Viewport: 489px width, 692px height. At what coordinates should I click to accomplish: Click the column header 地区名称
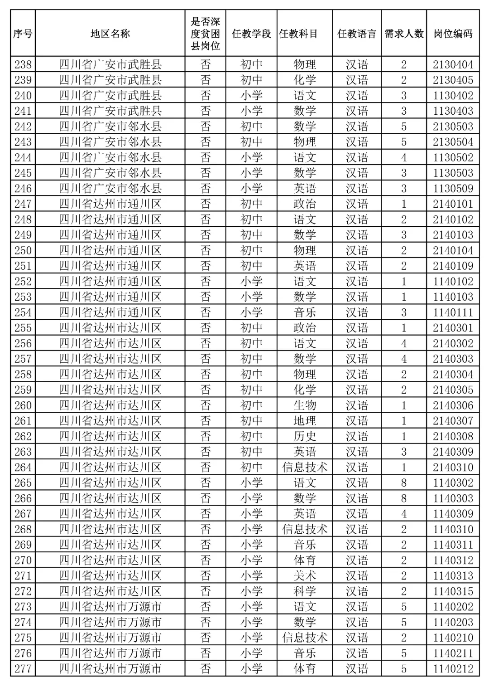pyautogui.click(x=110, y=34)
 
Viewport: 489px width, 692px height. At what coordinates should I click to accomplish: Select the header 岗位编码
pyautogui.click(x=453, y=34)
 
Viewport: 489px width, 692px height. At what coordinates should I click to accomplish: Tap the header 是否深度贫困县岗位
pyautogui.click(x=205, y=34)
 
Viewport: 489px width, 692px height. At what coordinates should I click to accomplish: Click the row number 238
pyautogui.click(x=23, y=64)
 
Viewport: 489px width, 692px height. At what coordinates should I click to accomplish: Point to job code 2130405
pyautogui.click(x=453, y=80)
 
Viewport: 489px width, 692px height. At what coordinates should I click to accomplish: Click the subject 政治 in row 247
pyautogui.click(x=305, y=204)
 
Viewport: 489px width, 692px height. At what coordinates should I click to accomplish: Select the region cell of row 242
pyautogui.click(x=110, y=127)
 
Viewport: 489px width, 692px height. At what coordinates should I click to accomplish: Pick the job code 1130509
pyautogui.click(x=453, y=188)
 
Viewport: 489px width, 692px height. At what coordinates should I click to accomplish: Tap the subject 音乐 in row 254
pyautogui.click(x=305, y=312)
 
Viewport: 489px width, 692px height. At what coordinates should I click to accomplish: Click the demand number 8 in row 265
pyautogui.click(x=404, y=483)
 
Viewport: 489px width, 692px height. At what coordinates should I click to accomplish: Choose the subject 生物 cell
pyautogui.click(x=305, y=405)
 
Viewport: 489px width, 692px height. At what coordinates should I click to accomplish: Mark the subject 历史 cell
pyautogui.click(x=305, y=436)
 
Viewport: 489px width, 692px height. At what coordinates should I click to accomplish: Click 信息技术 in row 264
pyautogui.click(x=305, y=467)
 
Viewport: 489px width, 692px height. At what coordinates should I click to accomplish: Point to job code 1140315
pyautogui.click(x=453, y=591)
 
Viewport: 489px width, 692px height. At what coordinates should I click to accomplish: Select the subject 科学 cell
pyautogui.click(x=305, y=591)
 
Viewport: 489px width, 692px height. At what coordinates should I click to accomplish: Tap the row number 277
pyautogui.click(x=23, y=669)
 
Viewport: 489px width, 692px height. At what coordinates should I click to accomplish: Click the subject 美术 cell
pyautogui.click(x=305, y=576)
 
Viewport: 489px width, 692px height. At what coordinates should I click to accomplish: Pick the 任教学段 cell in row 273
pyautogui.click(x=251, y=607)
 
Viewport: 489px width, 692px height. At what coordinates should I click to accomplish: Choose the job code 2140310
pyautogui.click(x=453, y=467)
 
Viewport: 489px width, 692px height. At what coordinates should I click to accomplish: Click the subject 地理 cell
pyautogui.click(x=305, y=421)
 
